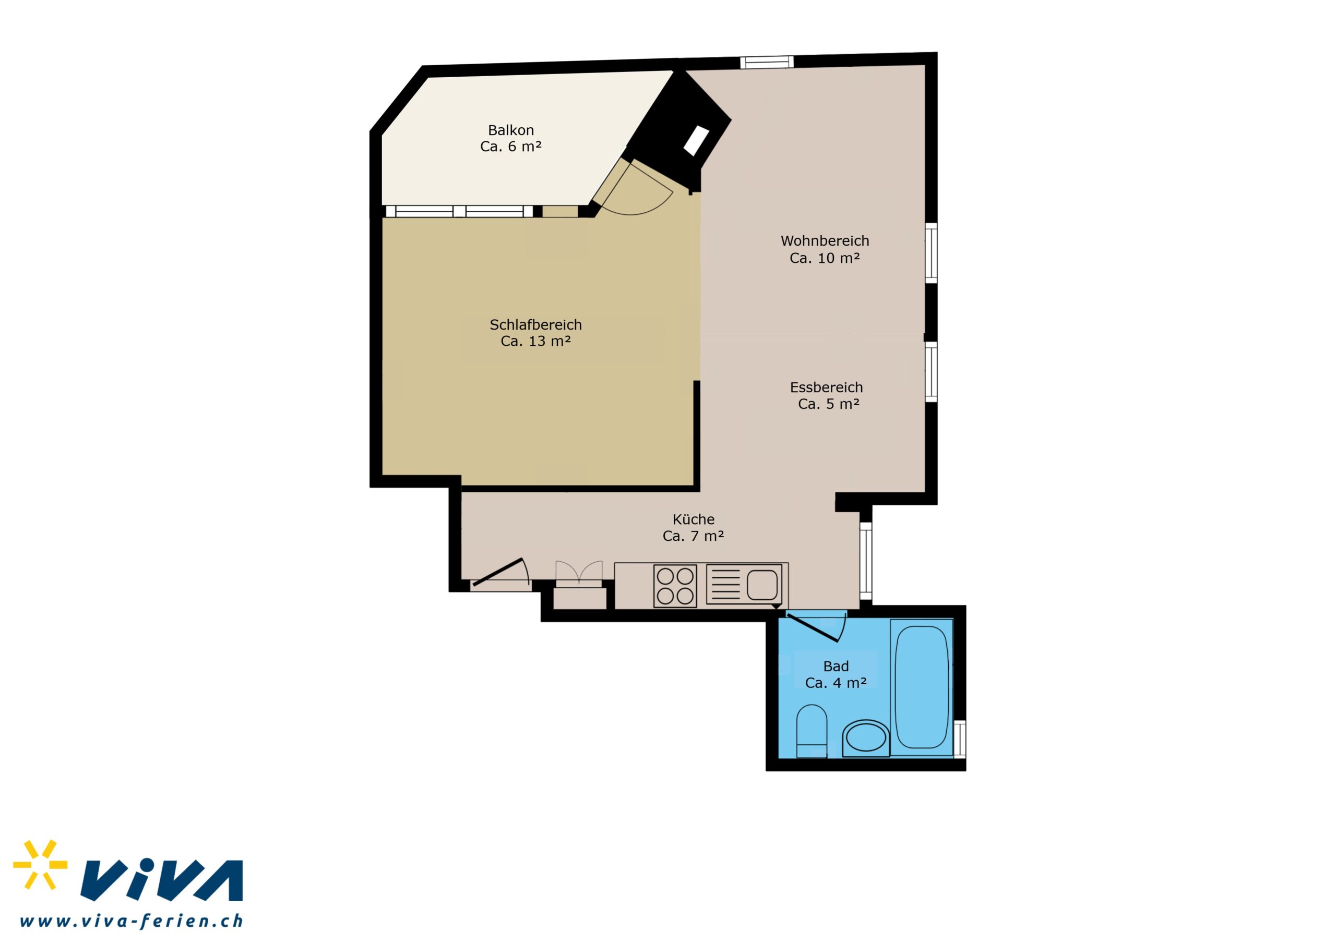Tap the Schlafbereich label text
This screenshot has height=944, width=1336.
point(535,324)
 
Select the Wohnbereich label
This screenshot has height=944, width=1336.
point(825,241)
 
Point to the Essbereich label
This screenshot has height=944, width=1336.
point(826,388)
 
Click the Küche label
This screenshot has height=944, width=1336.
point(693,519)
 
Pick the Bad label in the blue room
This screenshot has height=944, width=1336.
point(836,667)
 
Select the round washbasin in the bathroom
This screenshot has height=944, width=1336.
point(866,739)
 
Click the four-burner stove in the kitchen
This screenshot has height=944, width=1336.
point(675,586)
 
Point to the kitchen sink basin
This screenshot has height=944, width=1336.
point(762,585)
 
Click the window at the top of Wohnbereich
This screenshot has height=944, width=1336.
point(767,62)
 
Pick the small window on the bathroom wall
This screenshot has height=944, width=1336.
point(960,739)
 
